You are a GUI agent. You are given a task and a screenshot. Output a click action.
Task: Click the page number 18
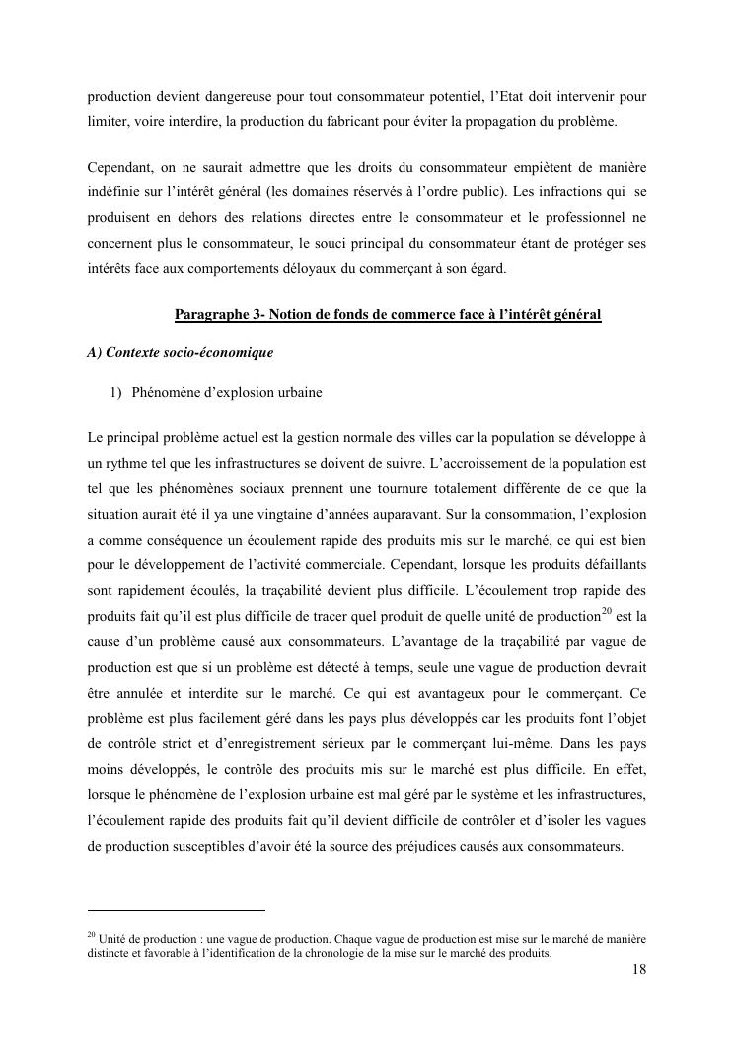click(639, 970)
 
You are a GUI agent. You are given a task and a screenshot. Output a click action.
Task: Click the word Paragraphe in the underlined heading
click(213, 315)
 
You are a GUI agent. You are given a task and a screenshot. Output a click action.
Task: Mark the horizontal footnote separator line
click(177, 910)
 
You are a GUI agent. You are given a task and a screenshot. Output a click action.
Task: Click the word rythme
click(126, 462)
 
